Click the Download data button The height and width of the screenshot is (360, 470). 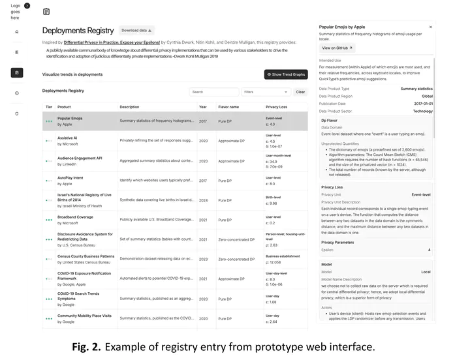click(136, 30)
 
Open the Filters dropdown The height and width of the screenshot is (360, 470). click(266, 92)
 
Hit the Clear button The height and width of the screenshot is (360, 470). click(300, 92)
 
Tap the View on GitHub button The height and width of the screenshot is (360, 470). click(337, 48)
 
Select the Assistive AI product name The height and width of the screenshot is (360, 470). click(67, 138)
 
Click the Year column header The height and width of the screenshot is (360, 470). click(203, 107)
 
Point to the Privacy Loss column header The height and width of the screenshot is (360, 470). click(276, 107)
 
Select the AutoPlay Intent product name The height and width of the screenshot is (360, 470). click(70, 177)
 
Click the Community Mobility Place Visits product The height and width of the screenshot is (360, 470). click(84, 316)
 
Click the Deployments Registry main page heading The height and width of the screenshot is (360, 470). click(78, 31)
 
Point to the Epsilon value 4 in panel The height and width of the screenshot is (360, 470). click(429, 250)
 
